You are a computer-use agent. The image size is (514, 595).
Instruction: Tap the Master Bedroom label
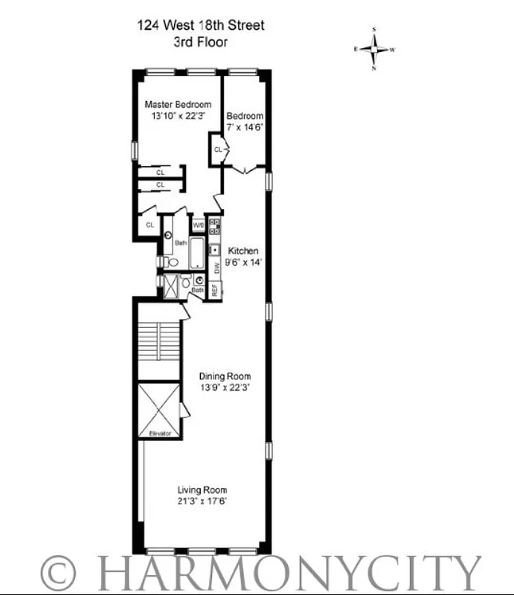(x=178, y=104)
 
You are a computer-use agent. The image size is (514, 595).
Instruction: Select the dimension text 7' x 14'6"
(x=245, y=128)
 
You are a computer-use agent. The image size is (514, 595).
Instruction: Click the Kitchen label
(x=243, y=251)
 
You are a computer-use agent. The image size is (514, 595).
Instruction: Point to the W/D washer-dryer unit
(x=199, y=225)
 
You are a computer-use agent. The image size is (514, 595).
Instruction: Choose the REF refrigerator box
(x=214, y=289)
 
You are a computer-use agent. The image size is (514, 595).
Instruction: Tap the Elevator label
(x=160, y=433)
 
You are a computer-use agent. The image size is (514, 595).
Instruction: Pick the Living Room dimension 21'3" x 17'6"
(x=202, y=501)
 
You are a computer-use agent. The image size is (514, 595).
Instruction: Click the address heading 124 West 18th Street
(x=200, y=25)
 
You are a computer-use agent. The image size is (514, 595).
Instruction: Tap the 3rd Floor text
(x=200, y=42)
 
